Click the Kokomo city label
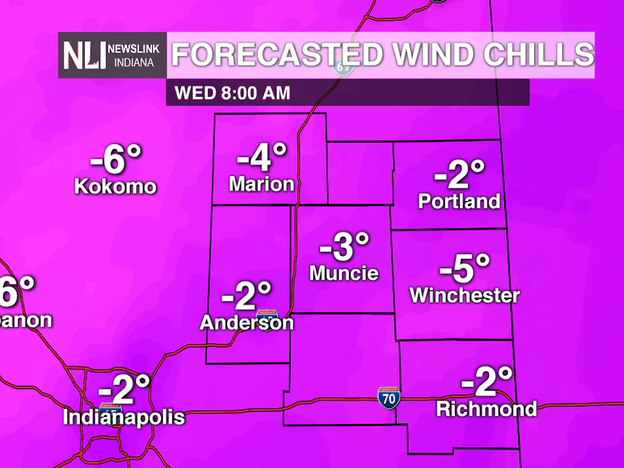[x=115, y=186]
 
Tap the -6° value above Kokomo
[x=116, y=160]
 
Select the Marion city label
[x=261, y=183]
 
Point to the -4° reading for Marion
[x=262, y=157]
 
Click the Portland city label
[x=459, y=201]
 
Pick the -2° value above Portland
[x=460, y=175]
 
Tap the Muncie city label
[x=344, y=273]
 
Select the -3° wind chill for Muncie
[x=345, y=246]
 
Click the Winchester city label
[x=465, y=295]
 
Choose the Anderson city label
[x=246, y=322]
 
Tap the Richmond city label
[x=486, y=409]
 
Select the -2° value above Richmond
[x=487, y=382]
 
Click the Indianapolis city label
[x=124, y=417]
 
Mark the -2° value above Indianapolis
[x=125, y=390]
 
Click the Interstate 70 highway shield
[x=388, y=397]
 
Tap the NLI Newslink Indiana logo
[x=112, y=56]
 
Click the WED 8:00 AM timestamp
[x=233, y=93]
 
